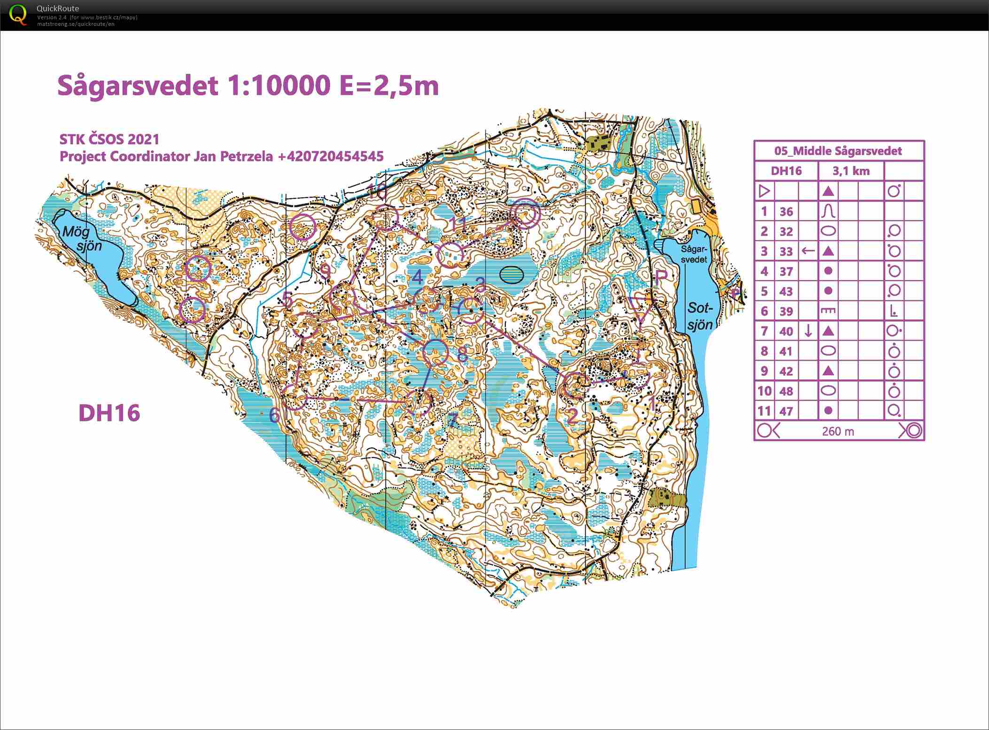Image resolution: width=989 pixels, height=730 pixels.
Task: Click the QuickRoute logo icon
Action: click(x=18, y=15)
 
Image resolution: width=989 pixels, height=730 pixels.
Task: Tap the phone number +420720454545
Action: click(x=331, y=156)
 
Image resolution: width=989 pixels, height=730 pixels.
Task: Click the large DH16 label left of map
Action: click(x=109, y=413)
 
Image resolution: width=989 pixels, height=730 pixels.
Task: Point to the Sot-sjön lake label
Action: click(x=700, y=316)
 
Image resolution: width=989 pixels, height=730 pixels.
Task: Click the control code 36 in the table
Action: click(x=786, y=212)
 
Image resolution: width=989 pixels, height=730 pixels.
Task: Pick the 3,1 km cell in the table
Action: click(x=851, y=171)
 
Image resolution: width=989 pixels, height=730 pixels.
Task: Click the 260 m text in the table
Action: click(x=838, y=431)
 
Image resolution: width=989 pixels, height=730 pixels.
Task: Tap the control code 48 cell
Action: click(x=786, y=391)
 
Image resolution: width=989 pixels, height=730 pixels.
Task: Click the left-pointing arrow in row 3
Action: click(x=808, y=251)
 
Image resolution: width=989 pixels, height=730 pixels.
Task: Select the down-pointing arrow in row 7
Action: click(x=808, y=331)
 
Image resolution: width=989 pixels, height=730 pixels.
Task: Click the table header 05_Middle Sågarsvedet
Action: click(x=838, y=151)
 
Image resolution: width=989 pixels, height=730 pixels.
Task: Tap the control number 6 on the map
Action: click(x=275, y=415)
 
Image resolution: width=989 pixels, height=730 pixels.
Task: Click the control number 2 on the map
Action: click(x=572, y=416)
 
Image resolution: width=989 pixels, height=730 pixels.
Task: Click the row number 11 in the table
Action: click(x=764, y=411)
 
